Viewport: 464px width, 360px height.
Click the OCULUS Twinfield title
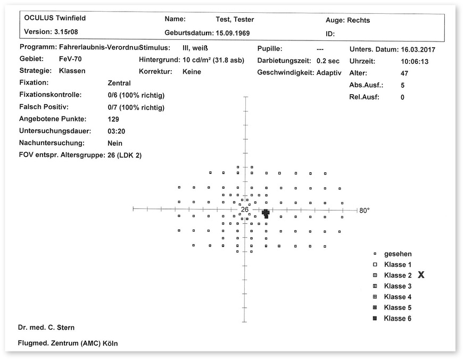click(55, 18)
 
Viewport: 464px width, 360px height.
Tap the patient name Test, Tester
click(235, 20)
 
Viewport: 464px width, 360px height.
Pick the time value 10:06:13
click(415, 61)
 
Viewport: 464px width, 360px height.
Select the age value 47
click(404, 73)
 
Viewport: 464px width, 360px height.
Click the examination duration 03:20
click(115, 131)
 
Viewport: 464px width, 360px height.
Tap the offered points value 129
click(113, 119)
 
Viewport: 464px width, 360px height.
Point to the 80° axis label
click(364, 211)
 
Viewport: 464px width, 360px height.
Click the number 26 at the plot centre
click(244, 210)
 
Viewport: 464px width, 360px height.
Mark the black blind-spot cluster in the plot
click(266, 213)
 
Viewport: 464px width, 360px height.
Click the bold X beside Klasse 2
click(421, 275)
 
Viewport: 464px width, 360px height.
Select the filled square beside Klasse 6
click(375, 319)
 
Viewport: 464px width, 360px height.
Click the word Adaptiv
click(329, 72)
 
